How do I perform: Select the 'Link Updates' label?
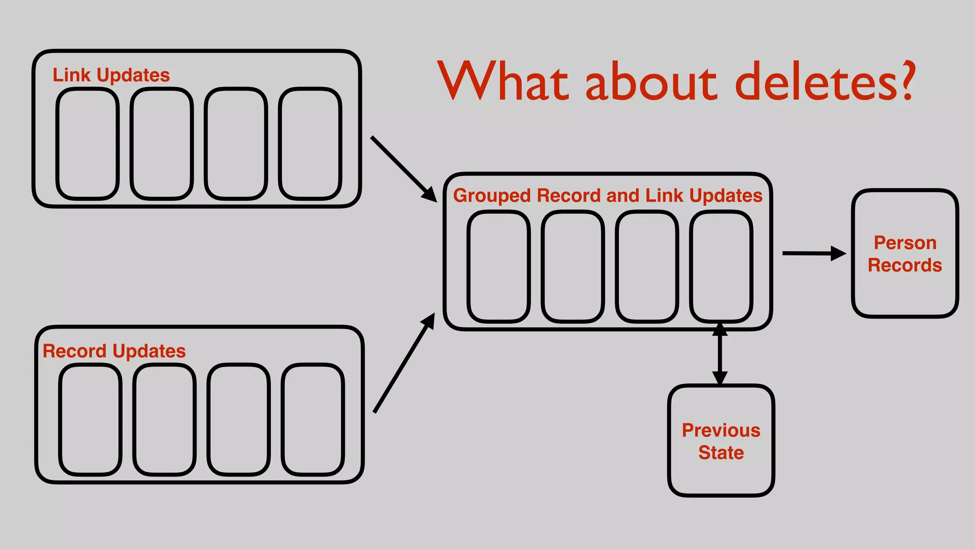click(111, 75)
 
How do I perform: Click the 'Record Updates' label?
click(114, 351)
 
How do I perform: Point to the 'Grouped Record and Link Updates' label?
click(607, 195)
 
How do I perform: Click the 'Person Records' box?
click(905, 253)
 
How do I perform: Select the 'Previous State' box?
click(721, 440)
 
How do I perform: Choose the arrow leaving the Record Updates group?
click(404, 363)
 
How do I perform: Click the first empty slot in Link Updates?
click(88, 143)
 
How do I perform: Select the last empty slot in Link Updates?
click(310, 143)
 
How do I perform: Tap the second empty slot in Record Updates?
click(164, 419)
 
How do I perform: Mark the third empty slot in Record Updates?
click(239, 419)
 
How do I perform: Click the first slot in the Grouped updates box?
click(498, 266)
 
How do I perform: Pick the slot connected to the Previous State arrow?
click(721, 266)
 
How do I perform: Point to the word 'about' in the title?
click(651, 82)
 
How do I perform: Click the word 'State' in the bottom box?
click(721, 452)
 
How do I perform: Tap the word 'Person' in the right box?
click(905, 243)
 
